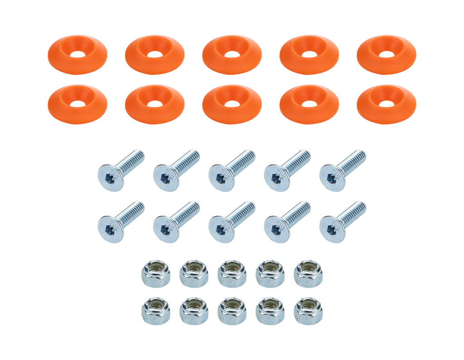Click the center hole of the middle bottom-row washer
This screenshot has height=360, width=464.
click(232, 104)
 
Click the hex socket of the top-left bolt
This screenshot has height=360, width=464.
click(110, 178)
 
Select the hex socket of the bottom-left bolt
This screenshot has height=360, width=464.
click(110, 230)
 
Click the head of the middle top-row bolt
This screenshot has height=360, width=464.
click(222, 178)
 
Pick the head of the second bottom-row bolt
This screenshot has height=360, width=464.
click(166, 230)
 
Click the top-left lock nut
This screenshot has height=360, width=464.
click(155, 273)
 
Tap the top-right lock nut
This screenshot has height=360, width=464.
click(308, 273)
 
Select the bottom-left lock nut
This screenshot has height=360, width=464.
click(155, 311)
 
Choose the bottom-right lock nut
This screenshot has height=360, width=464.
click(308, 311)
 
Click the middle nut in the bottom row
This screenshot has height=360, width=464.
click(232, 311)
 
